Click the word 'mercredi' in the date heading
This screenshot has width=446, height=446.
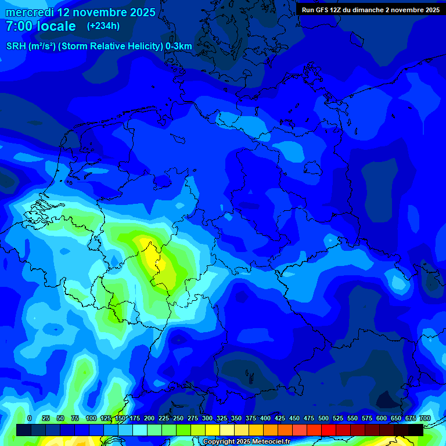pos(30,12)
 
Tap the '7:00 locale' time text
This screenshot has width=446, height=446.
pos(40,26)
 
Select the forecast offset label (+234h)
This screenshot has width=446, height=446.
pos(103,26)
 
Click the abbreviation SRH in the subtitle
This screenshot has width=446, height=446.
pos(16,46)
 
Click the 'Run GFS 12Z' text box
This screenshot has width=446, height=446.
pos(370,10)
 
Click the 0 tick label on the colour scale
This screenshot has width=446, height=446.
pos(30,418)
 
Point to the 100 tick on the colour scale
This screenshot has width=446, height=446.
pos(91,418)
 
